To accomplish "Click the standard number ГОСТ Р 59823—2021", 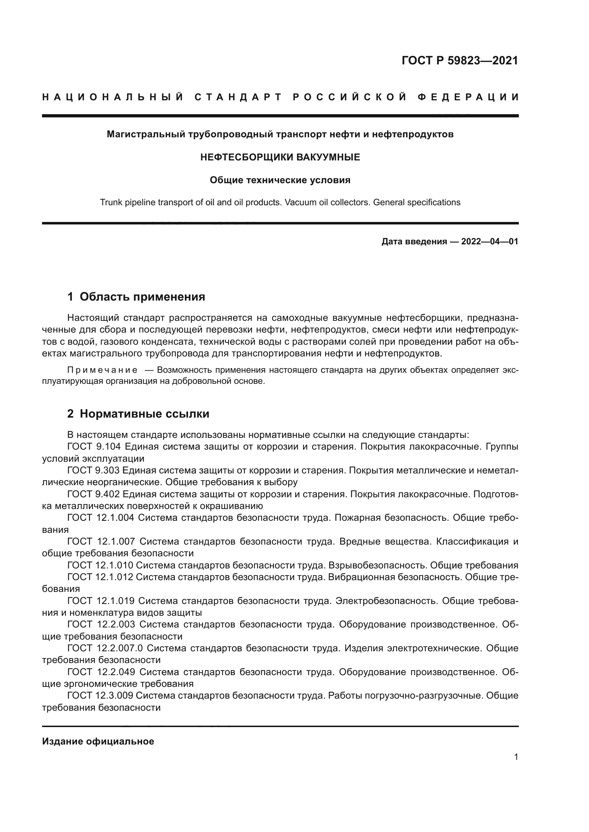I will click(x=460, y=60).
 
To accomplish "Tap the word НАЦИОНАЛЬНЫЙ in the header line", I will click(x=113, y=97).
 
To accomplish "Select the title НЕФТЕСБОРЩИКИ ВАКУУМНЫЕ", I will click(x=280, y=157).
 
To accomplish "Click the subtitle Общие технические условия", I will click(x=280, y=180).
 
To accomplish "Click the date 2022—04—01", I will click(x=490, y=242).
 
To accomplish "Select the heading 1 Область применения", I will click(x=136, y=297).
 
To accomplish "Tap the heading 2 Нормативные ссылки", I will click(x=138, y=414).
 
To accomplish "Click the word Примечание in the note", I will click(x=102, y=370).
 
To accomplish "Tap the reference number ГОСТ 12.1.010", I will click(x=100, y=565).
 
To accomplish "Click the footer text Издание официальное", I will click(x=98, y=741).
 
